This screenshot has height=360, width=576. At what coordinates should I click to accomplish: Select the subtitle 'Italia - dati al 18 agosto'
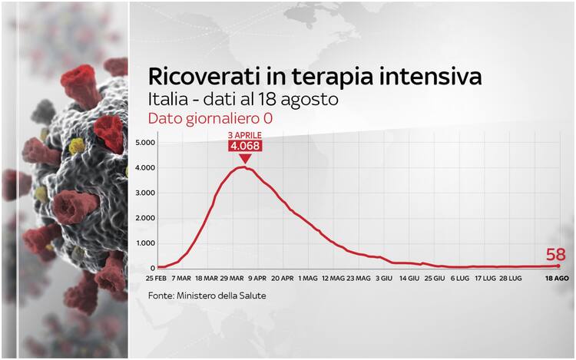coord(243,99)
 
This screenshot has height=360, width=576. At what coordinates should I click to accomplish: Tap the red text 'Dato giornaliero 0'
coord(210,118)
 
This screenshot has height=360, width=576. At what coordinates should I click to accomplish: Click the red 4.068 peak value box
coord(245,146)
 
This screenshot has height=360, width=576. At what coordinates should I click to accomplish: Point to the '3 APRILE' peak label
coord(245,135)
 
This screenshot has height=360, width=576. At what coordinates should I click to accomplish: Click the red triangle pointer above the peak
coord(245,159)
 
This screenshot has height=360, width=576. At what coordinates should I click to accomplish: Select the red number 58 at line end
coord(555,254)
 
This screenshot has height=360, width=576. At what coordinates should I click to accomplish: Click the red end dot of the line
coord(558,266)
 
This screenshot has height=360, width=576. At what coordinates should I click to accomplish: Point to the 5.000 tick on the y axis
coord(145,142)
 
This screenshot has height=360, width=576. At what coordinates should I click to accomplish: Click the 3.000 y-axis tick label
coord(145,193)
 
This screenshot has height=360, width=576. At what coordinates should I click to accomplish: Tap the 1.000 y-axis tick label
coord(145,243)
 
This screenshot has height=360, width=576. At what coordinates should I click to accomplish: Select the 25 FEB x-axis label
coord(156,278)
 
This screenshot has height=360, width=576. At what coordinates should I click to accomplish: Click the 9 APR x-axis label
coord(257,278)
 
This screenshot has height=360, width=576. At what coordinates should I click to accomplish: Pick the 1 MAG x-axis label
coord(308,278)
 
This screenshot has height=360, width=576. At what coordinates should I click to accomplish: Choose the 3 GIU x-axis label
coord(384,278)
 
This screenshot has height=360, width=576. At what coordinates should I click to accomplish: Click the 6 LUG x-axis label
coord(460,278)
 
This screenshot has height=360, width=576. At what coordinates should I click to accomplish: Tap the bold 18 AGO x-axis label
coord(557,278)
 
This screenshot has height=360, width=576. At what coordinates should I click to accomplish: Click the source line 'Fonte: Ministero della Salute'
coord(207,296)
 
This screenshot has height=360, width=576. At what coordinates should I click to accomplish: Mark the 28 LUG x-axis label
coord(510,278)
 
